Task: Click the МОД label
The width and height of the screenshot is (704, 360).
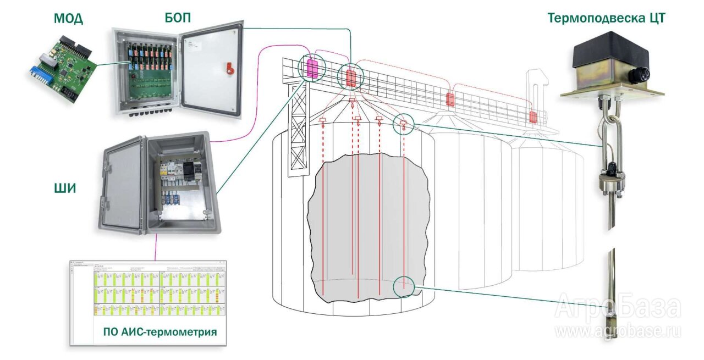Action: point(68,19)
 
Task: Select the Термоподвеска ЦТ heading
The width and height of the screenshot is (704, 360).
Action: point(606,18)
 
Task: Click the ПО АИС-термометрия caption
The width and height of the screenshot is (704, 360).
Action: point(159,333)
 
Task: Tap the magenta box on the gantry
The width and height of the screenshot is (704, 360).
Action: point(312,68)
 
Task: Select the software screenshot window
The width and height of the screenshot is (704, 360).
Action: point(148,302)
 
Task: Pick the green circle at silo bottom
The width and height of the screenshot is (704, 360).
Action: point(404,286)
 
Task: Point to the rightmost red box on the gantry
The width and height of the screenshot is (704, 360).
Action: point(532,117)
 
